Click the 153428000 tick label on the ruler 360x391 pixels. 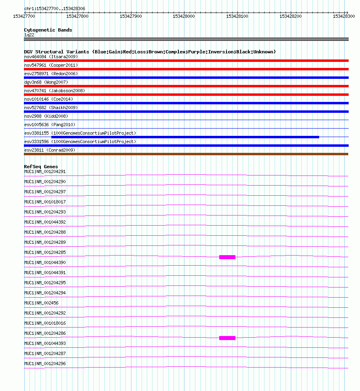click(184, 16)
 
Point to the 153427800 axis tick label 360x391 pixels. click(77, 16)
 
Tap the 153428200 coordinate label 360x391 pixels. click(291, 16)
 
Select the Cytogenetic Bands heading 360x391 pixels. click(48, 30)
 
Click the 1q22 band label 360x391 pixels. click(29, 35)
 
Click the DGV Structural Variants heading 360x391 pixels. click(150, 52)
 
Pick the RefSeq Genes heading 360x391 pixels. click(41, 167)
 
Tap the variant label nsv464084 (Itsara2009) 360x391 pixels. click(51, 57)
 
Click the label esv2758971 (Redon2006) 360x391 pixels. click(51, 74)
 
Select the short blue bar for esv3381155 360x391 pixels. click(185, 137)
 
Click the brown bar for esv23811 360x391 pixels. click(186, 154)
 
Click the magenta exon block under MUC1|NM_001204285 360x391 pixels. click(227, 257)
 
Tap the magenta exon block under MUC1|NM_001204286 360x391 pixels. click(227, 338)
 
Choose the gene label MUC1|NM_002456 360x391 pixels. click(41, 303)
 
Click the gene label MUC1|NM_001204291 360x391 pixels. click(45, 171)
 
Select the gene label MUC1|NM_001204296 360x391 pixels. click(45, 364)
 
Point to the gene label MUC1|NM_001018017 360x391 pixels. click(45, 202)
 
